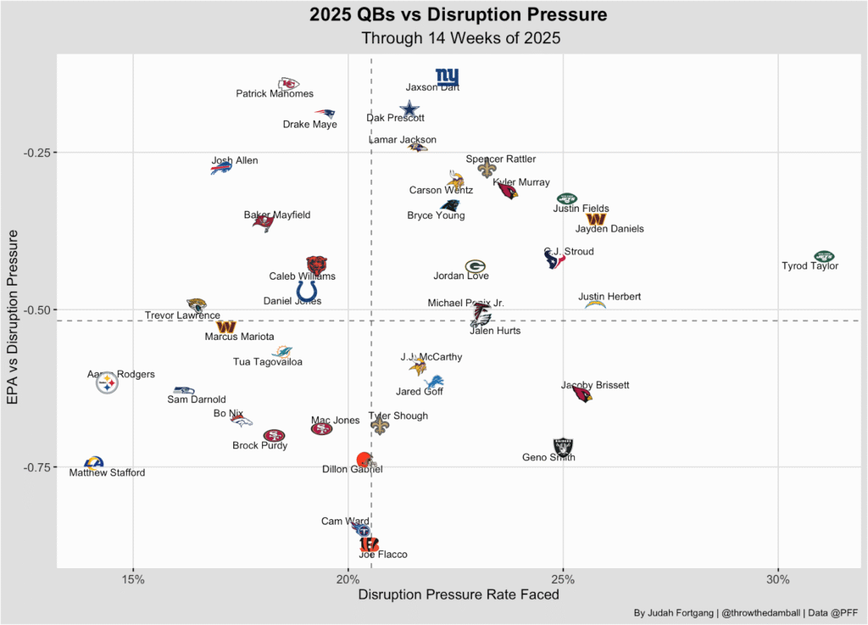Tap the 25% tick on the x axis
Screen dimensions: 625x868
[x=563, y=579]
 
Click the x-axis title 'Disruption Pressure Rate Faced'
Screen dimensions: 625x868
[x=459, y=595]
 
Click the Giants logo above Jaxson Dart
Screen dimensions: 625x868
[x=447, y=77]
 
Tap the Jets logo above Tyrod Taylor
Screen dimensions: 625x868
[x=824, y=256]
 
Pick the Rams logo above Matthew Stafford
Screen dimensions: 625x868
[x=93, y=463]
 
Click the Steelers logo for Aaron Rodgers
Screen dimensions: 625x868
[x=107, y=384]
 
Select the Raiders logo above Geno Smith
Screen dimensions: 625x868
[x=563, y=447]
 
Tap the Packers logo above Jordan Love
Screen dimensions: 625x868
[x=476, y=266]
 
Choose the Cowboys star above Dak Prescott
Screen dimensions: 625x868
[x=409, y=108]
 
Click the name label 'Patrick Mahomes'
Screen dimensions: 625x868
[x=274, y=94]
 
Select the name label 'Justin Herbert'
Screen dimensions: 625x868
[x=609, y=297]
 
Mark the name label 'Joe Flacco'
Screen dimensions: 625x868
[x=382, y=555]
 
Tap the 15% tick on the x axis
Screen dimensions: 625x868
[x=133, y=579]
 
